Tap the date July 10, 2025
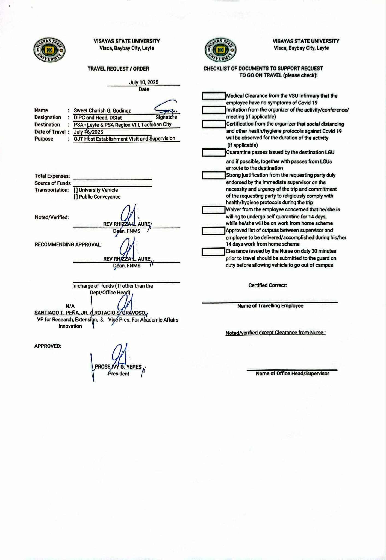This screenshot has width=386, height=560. point(144,82)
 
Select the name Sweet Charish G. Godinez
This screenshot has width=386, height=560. point(102,111)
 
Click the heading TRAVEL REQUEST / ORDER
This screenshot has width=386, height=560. point(118,69)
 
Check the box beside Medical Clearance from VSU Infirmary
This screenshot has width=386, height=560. point(214,96)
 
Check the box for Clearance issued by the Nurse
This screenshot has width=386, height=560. point(213,252)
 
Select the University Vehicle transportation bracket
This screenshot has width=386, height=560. point(76,190)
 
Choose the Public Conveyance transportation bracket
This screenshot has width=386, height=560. point(76,197)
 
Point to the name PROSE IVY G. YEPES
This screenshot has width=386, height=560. point(118,367)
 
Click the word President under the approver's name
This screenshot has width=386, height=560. point(119,374)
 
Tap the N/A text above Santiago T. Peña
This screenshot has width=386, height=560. point(70,306)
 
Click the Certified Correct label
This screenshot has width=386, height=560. point(267,285)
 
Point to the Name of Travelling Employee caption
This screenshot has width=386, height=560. point(270,306)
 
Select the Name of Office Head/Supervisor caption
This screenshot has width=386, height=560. point(292,374)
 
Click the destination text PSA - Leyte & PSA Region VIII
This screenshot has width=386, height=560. point(123,125)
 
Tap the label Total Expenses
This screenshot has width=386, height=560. point(52,176)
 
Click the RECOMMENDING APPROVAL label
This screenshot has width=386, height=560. point(68,244)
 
